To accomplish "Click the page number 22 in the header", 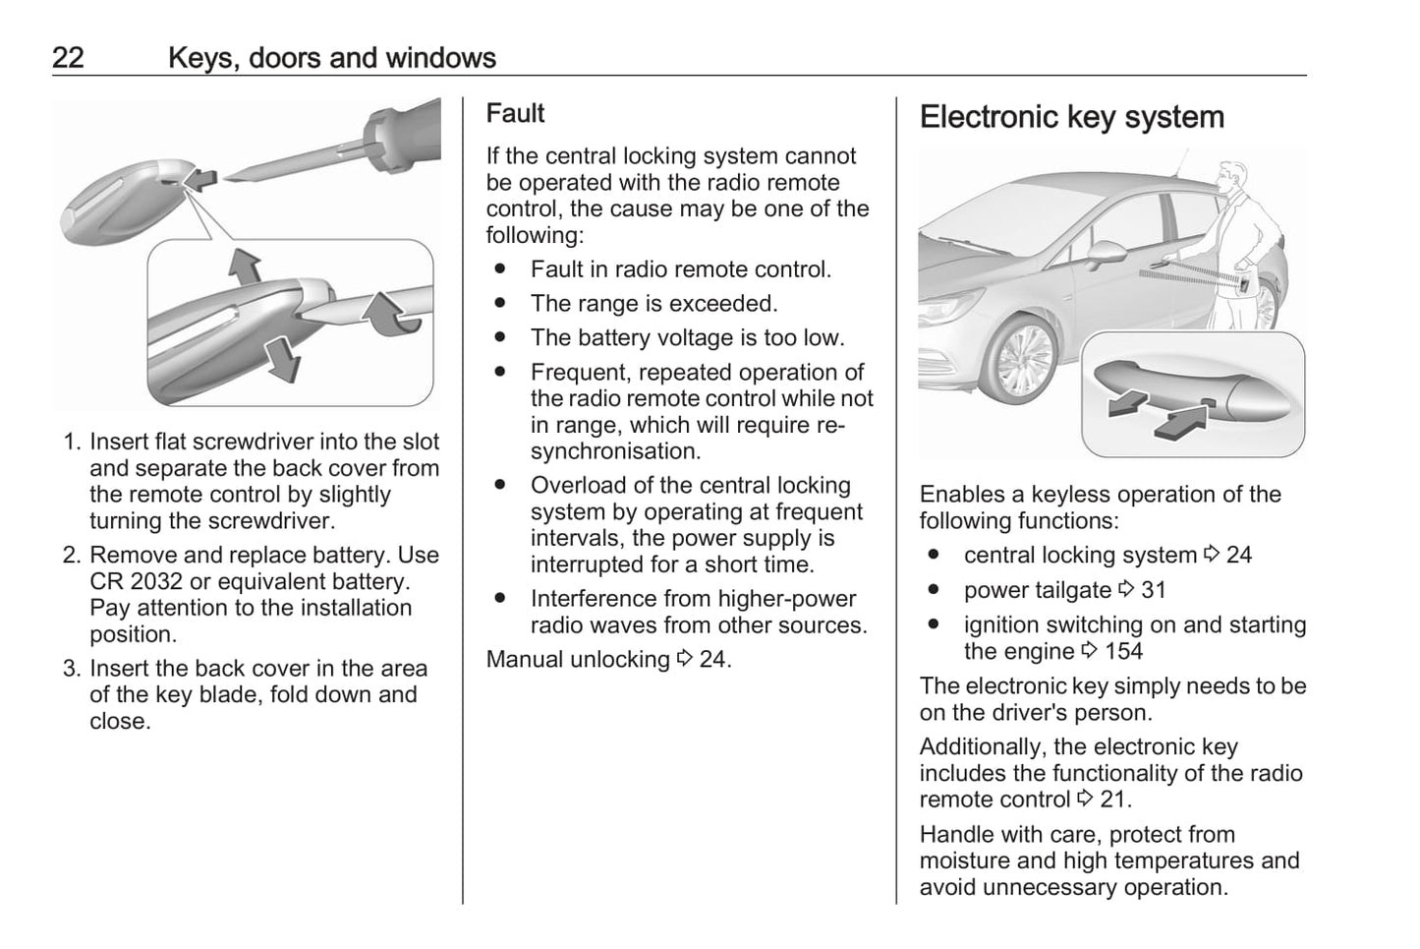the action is coord(68,58).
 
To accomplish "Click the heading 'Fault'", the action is coord(515,113).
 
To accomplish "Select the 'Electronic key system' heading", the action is coord(1071,117).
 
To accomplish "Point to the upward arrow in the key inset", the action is coord(246,267).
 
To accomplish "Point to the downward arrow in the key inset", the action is coord(283,359).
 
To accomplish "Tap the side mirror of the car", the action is coord(1106,253).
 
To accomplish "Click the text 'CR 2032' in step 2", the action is coord(127,582).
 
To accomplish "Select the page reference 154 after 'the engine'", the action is coord(1123,651).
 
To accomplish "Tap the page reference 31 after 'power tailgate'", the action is coord(1154,591).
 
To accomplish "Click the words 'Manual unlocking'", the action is coord(578,660).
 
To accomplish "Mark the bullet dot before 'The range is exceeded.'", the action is coord(501,303).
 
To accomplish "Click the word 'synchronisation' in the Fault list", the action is coord(615,451).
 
